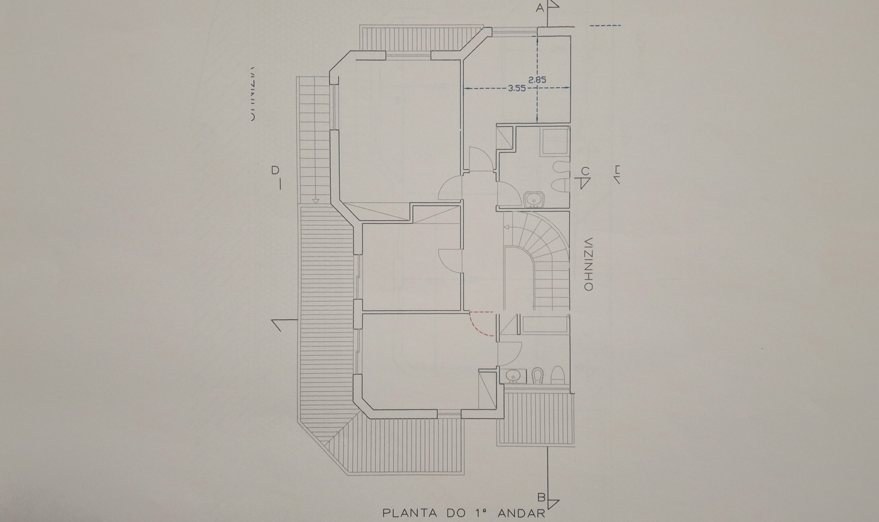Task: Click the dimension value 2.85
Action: coord(537,80)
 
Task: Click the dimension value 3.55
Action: coord(517,89)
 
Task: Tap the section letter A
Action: coord(540,8)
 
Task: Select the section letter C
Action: coord(585,172)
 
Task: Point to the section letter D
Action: coord(275,170)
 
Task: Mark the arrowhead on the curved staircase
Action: coord(506,227)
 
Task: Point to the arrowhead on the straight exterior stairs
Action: coord(315,201)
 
